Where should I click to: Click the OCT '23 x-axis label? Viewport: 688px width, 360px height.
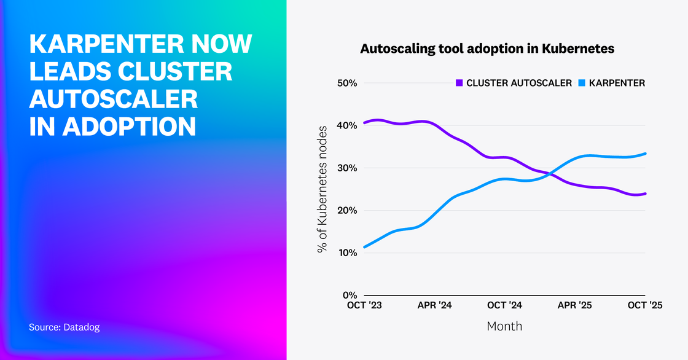[x=364, y=305]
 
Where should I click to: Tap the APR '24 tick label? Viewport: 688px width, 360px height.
[x=434, y=305]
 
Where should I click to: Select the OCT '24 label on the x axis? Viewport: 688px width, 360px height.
[x=504, y=305]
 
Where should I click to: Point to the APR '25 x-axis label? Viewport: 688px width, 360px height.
[x=574, y=305]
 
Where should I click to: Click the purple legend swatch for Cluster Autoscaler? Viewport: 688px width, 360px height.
[x=459, y=83]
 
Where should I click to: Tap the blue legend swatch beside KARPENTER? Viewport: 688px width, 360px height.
[x=582, y=83]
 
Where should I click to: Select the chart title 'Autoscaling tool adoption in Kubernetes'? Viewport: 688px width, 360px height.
[x=487, y=49]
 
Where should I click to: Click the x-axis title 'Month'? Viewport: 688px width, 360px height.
[x=504, y=326]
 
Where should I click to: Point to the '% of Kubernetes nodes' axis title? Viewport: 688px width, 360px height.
[x=322, y=189]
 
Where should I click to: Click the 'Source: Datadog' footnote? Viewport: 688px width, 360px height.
[x=64, y=327]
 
